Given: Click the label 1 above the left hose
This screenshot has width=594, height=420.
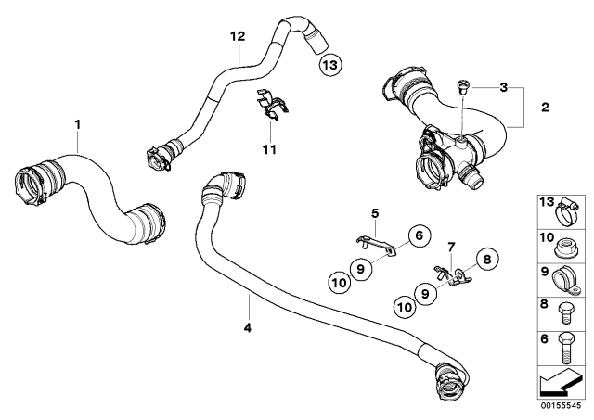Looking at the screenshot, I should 78,124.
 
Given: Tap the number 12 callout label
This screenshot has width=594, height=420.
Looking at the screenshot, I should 238,36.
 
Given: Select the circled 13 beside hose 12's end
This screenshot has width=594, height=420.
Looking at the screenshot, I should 329,64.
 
